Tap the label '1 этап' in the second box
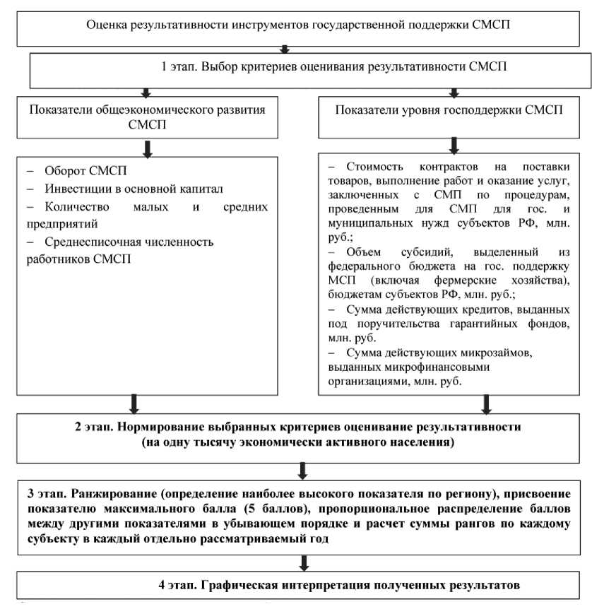pos(179,68)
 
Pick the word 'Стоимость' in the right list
pos(375,167)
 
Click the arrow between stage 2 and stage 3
pos(303,468)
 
